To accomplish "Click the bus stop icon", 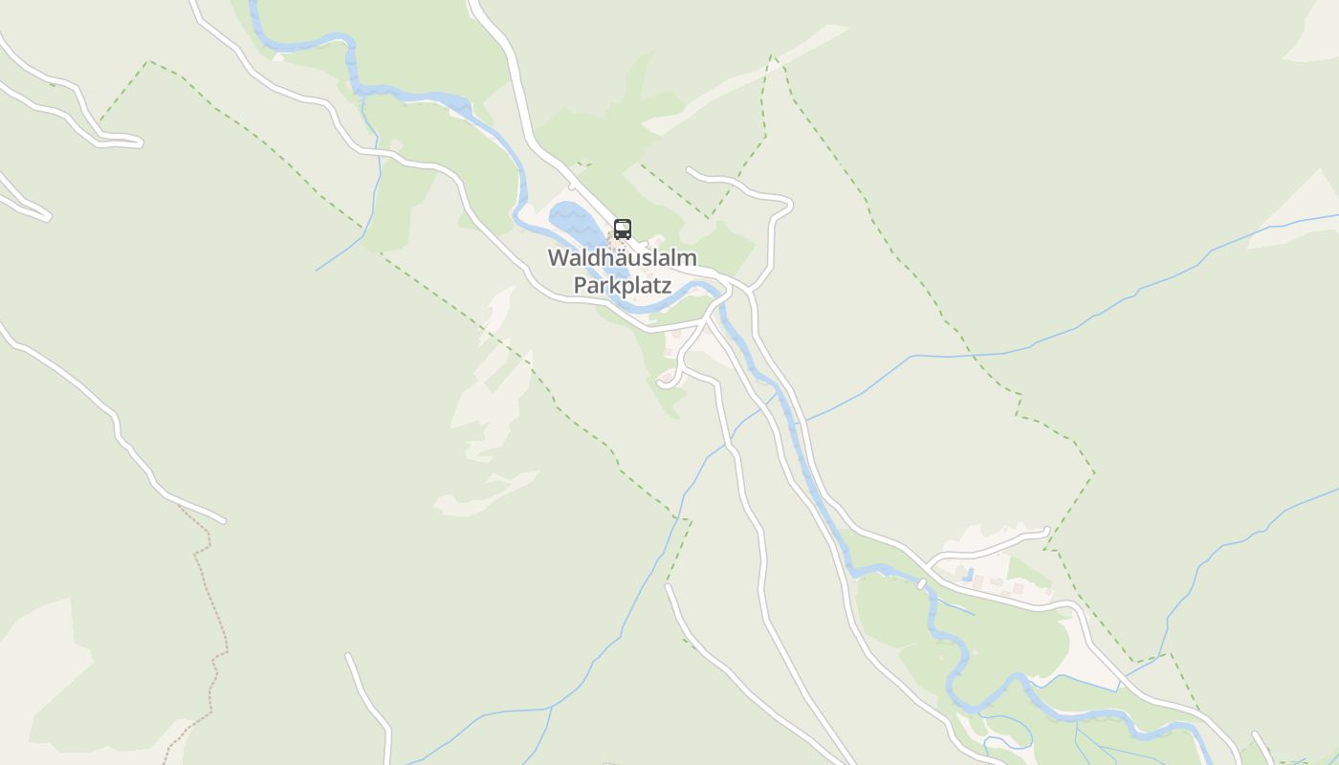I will pyautogui.click(x=623, y=229).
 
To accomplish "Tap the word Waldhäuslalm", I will pyautogui.click(x=622, y=258).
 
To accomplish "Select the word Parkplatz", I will pyautogui.click(x=622, y=285).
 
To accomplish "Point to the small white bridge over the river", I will pyautogui.click(x=922, y=582).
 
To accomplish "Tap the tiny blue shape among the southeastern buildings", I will pyautogui.click(x=969, y=575).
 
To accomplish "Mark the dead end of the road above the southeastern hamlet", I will pyautogui.click(x=1047, y=531).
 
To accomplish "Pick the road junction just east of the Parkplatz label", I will pyautogui.click(x=732, y=286).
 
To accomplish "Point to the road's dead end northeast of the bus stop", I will pyautogui.click(x=690, y=171).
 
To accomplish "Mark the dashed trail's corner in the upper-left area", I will pyautogui.click(x=149, y=62).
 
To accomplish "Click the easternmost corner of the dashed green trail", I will pyautogui.click(x=1094, y=472).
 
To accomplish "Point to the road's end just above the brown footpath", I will pyautogui.click(x=224, y=521).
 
